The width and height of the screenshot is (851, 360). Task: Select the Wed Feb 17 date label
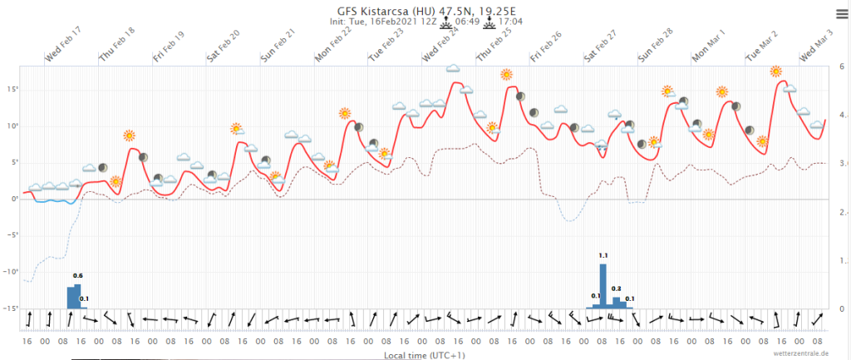coord(64,44)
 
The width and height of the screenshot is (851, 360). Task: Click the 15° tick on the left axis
coord(12,89)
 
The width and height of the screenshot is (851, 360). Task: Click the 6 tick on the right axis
coord(843,67)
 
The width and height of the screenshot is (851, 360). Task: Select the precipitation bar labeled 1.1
coord(603,286)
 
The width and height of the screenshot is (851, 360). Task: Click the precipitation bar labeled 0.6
coord(71,297)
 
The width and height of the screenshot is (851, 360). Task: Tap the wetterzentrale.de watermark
coord(801,353)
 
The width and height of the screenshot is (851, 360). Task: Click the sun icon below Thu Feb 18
coord(129,136)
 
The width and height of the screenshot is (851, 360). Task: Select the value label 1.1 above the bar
coord(603,256)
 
